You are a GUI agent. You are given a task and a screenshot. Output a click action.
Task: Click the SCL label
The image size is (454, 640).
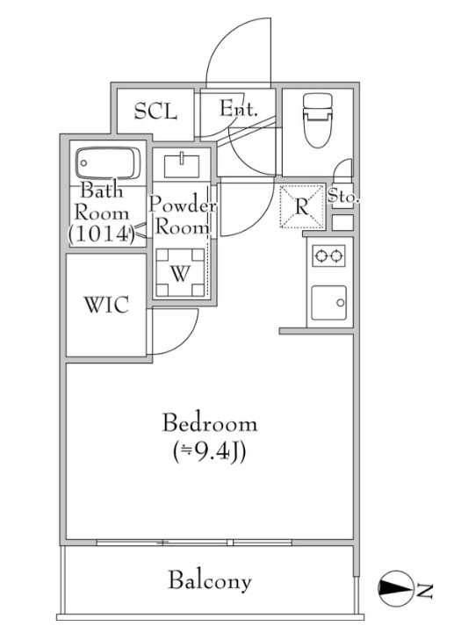(x=156, y=111)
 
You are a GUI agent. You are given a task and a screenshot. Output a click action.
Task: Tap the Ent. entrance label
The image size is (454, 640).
(x=239, y=108)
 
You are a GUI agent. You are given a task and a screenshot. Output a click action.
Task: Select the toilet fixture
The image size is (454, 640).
(x=317, y=120)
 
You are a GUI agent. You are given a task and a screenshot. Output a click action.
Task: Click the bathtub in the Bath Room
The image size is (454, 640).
(x=108, y=163)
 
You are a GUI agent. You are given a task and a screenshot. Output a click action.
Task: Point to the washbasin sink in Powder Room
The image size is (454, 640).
(x=182, y=165)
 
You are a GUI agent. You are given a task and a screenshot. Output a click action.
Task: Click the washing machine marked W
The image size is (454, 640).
(x=180, y=272)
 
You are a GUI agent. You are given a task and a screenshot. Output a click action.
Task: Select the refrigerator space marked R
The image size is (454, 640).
(x=302, y=206)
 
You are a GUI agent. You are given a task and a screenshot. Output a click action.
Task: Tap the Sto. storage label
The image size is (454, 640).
(x=343, y=197)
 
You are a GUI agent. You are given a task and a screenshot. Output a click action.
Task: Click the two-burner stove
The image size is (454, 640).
(x=328, y=256)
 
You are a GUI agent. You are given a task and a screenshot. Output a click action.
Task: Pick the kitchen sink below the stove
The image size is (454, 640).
(x=329, y=303)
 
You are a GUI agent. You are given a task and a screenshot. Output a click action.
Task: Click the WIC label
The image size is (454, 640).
(x=106, y=305)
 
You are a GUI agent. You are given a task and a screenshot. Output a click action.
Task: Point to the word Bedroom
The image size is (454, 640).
(x=210, y=423)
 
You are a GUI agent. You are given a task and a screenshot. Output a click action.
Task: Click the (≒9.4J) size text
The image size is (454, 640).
(x=209, y=452)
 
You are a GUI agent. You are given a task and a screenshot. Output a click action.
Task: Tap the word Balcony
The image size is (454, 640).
(x=210, y=580)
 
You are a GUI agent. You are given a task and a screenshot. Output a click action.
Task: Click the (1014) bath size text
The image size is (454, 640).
(x=102, y=234)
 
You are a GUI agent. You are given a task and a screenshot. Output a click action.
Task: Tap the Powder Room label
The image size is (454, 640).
(x=183, y=215)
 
